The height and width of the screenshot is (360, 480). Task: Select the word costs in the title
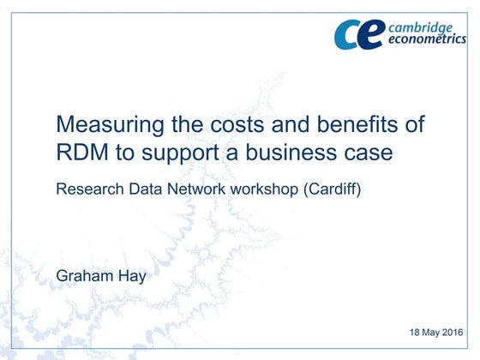pos(225,124)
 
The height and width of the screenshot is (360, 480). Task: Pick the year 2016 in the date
pos(462,331)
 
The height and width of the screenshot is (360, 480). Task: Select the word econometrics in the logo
pos(428,40)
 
